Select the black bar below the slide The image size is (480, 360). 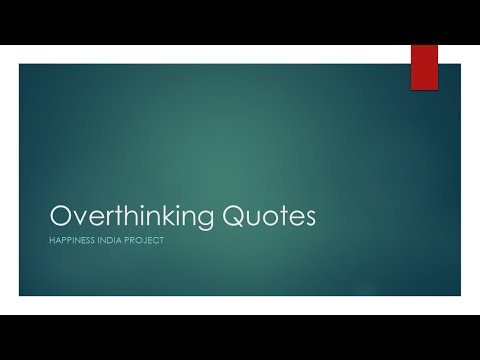240,337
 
